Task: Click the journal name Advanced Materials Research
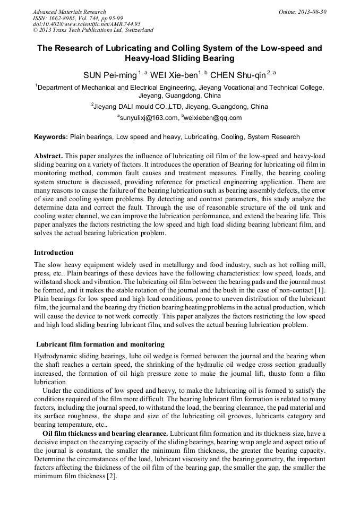(x=69, y=12)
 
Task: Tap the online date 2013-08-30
(x=313, y=12)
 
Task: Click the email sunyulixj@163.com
(x=149, y=118)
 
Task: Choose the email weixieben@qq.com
(x=213, y=118)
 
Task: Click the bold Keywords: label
(x=51, y=137)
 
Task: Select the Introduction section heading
(x=54, y=253)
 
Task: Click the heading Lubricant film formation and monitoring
(x=100, y=344)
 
